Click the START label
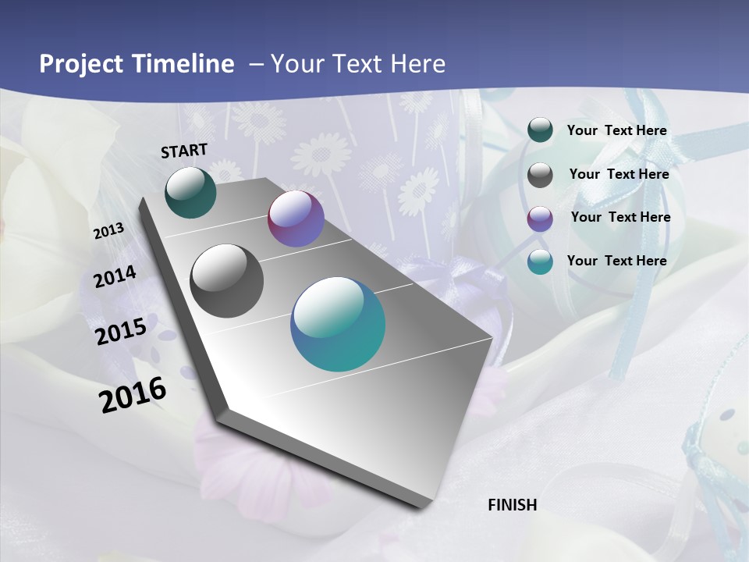(184, 150)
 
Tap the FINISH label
(512, 505)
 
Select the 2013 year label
(108, 231)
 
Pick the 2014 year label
(115, 276)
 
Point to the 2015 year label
(121, 331)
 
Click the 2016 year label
(133, 394)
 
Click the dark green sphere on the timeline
(190, 193)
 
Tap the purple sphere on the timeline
(296, 219)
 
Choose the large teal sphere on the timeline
(338, 324)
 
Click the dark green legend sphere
(540, 130)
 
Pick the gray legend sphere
(540, 175)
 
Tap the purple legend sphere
(540, 219)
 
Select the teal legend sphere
(540, 261)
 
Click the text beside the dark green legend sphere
(616, 130)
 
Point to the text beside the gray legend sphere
(619, 174)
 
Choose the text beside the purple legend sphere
(620, 217)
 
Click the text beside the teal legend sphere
(616, 261)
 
